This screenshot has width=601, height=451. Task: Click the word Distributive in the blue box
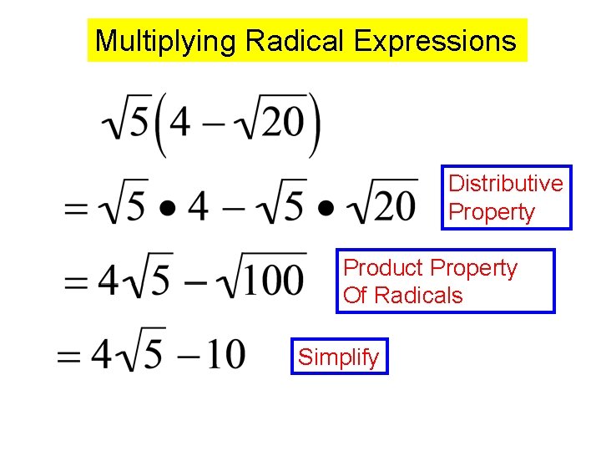click(506, 183)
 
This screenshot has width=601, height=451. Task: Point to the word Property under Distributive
click(492, 211)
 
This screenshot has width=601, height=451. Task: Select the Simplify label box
click(339, 357)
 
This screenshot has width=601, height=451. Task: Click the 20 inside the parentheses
click(280, 123)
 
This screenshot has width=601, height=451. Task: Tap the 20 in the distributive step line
click(387, 205)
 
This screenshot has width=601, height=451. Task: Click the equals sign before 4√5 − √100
click(78, 281)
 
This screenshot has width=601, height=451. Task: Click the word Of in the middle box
click(355, 295)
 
